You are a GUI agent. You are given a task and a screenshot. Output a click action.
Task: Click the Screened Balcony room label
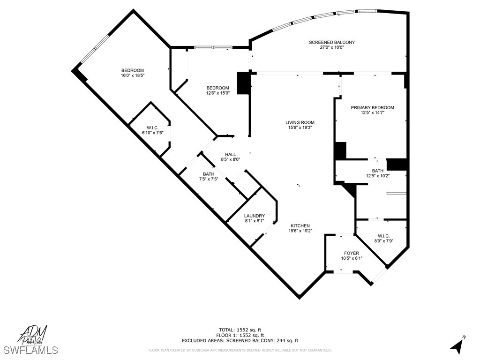[331, 42]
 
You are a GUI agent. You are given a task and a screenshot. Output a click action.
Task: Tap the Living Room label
[300, 122]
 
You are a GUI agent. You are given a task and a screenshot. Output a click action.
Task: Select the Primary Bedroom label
[372, 107]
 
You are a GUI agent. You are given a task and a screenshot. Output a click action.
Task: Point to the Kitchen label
[300, 225]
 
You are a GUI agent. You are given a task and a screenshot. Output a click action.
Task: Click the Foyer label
[352, 253]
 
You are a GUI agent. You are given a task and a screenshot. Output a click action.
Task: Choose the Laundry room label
[255, 216]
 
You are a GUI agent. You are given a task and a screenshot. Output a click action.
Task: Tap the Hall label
[230, 154]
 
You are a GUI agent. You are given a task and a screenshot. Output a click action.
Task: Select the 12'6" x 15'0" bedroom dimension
[218, 93]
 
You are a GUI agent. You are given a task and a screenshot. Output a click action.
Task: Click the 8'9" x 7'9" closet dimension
[383, 241]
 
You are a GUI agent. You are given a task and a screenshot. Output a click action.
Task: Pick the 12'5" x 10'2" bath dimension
[378, 176]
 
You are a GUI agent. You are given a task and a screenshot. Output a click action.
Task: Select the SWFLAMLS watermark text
[30, 350]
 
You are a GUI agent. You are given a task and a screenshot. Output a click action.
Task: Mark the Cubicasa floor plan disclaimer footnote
[240, 350]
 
